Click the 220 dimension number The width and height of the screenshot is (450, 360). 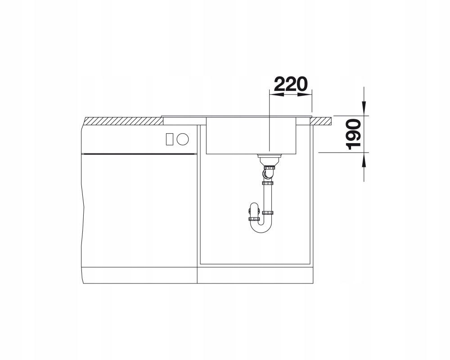click(x=290, y=84)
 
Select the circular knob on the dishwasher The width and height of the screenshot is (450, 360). click(x=183, y=139)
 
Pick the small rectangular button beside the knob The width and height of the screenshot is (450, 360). click(x=169, y=139)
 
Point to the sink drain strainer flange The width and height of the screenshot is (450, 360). click(x=270, y=156)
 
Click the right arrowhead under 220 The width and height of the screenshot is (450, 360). click(x=305, y=94)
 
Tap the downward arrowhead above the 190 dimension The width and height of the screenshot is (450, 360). click(x=364, y=108)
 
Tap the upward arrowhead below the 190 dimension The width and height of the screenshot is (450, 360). click(x=364, y=160)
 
